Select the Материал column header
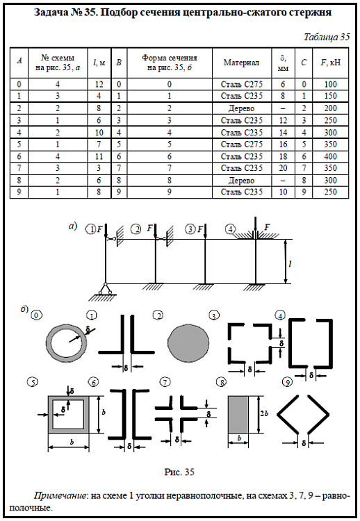click(241, 63)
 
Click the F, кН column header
click(330, 63)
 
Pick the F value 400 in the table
click(330, 156)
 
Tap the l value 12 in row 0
click(99, 84)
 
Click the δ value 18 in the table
click(283, 156)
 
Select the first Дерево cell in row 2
click(241, 108)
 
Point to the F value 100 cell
click(330, 84)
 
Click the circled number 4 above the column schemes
click(230, 229)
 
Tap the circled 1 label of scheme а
click(90, 229)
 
